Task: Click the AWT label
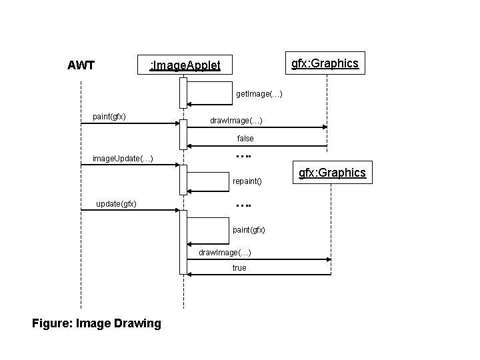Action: point(81,65)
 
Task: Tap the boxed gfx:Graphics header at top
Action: point(325,63)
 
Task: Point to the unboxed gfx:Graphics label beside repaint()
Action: point(332,173)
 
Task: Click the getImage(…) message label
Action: point(259,94)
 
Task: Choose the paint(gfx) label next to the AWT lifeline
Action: point(109,117)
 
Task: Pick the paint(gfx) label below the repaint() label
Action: point(249,229)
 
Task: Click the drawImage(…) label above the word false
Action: point(236,121)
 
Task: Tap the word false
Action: point(245,139)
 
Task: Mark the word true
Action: point(239,267)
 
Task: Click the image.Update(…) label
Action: point(123,158)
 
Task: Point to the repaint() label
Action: point(247,181)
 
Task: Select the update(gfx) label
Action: point(117,203)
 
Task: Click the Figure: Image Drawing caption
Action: point(97,323)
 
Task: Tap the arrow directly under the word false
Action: point(257,146)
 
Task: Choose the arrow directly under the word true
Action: point(260,274)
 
